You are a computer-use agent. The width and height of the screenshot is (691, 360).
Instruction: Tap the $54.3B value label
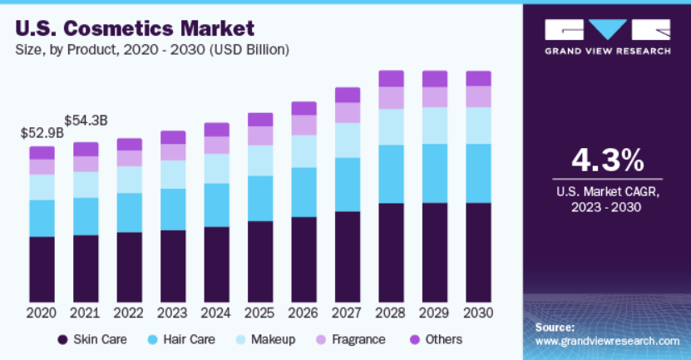tap(86, 121)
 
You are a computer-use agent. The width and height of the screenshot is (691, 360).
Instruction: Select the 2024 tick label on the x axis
tap(216, 313)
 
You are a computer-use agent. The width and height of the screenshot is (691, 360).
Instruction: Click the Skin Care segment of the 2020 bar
tap(42, 269)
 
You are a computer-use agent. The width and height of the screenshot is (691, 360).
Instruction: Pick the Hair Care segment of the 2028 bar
tap(391, 174)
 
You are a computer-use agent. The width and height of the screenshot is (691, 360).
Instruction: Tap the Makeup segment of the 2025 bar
tap(260, 160)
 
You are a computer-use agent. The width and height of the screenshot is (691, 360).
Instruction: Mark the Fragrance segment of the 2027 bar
tap(348, 112)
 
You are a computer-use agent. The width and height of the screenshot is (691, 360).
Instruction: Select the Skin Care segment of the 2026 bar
tap(304, 259)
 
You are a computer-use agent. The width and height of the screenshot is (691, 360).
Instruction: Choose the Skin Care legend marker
tap(62, 339)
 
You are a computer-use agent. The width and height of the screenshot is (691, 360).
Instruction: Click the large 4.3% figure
tap(607, 158)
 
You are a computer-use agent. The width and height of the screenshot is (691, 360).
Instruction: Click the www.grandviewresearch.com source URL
tap(607, 341)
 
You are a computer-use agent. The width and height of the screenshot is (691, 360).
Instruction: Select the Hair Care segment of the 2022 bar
tap(129, 212)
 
